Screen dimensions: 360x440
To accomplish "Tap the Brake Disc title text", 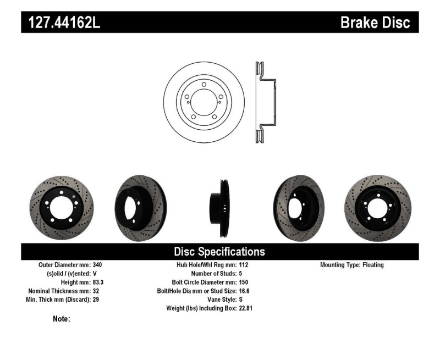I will point(375,23).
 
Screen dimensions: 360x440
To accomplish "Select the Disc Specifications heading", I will point(219,252).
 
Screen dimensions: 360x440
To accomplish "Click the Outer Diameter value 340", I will point(98,264).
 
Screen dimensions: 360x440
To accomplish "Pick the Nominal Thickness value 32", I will point(96,291).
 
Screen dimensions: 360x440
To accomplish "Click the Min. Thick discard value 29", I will point(96,300).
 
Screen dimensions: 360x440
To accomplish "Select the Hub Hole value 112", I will point(244,264).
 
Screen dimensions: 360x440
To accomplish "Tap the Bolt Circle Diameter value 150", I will point(244,282).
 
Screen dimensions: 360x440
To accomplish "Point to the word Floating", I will point(373,264).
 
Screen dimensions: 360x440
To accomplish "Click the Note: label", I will point(61,319).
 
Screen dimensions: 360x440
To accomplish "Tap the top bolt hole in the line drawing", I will point(204,85).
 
